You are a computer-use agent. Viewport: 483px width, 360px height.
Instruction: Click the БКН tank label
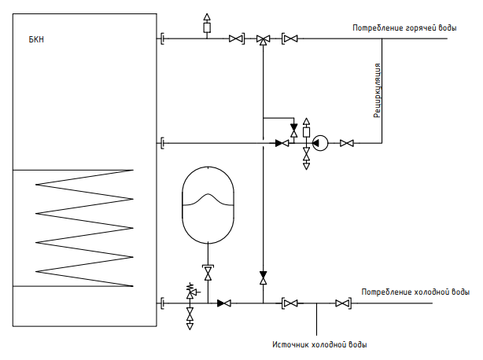pos(36,39)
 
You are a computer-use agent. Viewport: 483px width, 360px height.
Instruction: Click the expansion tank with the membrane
pos(208,205)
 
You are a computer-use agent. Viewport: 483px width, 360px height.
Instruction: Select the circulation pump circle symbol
pos(320,143)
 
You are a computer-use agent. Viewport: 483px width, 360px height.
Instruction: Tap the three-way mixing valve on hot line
pos(263,39)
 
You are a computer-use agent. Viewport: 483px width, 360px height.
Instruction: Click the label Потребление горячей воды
pos(404,28)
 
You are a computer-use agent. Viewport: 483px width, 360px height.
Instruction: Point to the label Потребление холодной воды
pos(415,292)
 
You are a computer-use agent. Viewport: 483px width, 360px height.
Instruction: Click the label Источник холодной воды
pos(319,344)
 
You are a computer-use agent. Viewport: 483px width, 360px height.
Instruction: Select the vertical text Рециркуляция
pos(378,90)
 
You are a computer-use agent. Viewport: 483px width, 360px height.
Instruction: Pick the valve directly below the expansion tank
pos(208,273)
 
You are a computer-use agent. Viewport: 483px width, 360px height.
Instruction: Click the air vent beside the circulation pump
pos(306,130)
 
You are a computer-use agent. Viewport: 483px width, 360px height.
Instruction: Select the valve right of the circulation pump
pos(347,143)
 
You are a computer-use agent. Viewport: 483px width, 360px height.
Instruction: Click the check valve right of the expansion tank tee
pos(224,303)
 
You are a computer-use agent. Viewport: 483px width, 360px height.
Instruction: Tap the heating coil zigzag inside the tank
pos(84,228)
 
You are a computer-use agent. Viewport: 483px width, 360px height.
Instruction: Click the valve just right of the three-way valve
pos(289,39)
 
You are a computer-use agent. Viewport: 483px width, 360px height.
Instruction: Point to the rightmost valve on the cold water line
pos(342,303)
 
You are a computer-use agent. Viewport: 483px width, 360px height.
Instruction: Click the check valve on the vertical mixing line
pos(263,277)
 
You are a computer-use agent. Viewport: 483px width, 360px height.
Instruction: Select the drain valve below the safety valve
pos(190,317)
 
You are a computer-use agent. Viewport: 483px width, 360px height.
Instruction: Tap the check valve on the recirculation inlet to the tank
pos(282,143)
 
